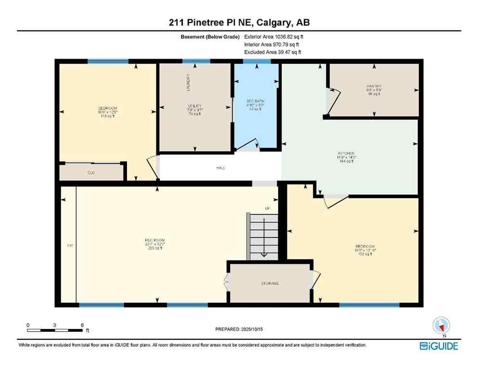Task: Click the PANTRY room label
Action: (374, 86)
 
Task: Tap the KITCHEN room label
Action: (347, 154)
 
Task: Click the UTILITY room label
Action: (194, 106)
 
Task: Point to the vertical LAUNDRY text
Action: (188, 82)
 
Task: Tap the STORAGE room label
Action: (270, 283)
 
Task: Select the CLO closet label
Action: (90, 172)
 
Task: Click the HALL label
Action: (220, 168)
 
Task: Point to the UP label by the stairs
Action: (268, 208)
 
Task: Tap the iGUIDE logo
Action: (438, 345)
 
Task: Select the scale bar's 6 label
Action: (82, 325)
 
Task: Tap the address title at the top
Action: (239, 23)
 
